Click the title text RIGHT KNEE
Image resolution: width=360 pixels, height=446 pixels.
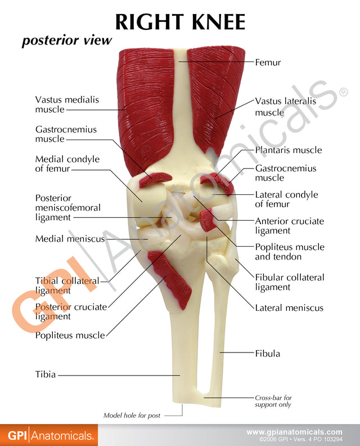tap(180, 22)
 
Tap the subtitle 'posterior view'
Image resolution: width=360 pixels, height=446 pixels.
tap(67, 40)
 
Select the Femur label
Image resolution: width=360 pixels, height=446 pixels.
tap(268, 63)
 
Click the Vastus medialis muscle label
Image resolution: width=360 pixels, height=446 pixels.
tap(67, 104)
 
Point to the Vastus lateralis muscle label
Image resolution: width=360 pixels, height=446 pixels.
tap(286, 106)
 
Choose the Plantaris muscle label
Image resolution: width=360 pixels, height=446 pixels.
tap(289, 150)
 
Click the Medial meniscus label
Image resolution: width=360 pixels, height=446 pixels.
tap(70, 239)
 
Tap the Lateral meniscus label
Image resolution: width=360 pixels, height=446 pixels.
tap(289, 308)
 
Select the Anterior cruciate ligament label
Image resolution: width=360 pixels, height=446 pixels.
tap(290, 226)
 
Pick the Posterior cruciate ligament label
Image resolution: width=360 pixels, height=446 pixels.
tap(71, 311)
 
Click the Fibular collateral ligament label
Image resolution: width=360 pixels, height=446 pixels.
tap(290, 282)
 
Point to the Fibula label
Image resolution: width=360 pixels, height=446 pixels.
tap(267, 354)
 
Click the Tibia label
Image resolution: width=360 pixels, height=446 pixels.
tap(46, 374)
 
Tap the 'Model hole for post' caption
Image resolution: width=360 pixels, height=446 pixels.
tap(132, 416)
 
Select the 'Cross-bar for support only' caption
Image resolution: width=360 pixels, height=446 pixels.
tap(273, 401)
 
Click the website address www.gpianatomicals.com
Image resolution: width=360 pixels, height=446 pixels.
tap(294, 432)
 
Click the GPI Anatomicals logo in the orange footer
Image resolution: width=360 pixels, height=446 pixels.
tap(49, 435)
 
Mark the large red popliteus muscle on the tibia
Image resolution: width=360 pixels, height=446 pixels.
tap(170, 278)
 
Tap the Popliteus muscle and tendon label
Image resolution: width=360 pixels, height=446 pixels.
tap(290, 252)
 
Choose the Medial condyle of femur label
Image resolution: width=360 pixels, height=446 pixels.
tap(67, 163)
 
